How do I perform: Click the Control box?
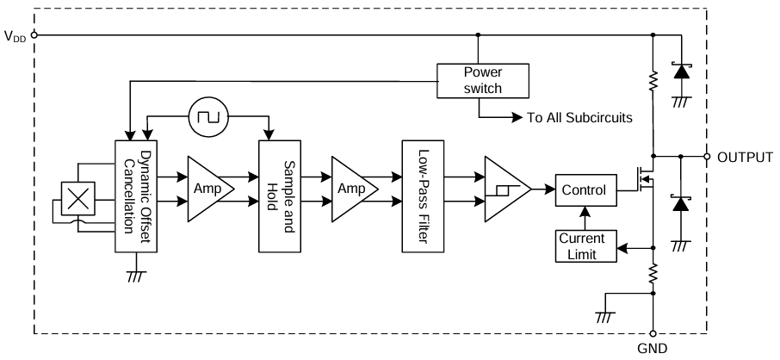[x=585, y=189]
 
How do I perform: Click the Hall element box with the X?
[x=78, y=200]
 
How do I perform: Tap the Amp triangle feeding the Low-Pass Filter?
[x=353, y=189]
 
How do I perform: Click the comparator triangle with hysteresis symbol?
[x=505, y=189]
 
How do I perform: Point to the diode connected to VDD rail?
[x=681, y=72]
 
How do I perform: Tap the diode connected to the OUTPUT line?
[x=681, y=204]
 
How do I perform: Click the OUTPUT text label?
[x=744, y=158]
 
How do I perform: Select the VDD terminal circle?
[x=34, y=35]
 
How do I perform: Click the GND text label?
[x=653, y=349]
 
